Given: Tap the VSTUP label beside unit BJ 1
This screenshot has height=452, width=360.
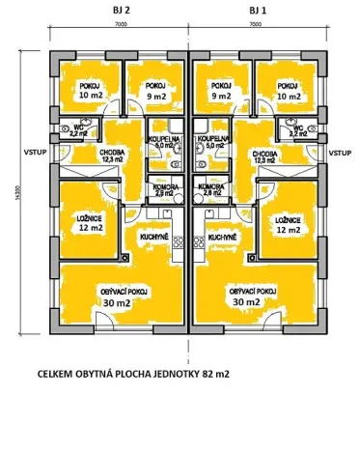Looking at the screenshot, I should click(340, 153).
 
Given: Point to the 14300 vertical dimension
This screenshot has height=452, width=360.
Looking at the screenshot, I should click(16, 193).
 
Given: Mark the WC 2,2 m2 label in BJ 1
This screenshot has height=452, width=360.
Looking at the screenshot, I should click(297, 131).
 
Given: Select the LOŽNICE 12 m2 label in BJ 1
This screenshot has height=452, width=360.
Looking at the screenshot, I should click(288, 224).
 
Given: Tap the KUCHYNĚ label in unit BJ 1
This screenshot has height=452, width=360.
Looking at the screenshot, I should click(222, 236).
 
